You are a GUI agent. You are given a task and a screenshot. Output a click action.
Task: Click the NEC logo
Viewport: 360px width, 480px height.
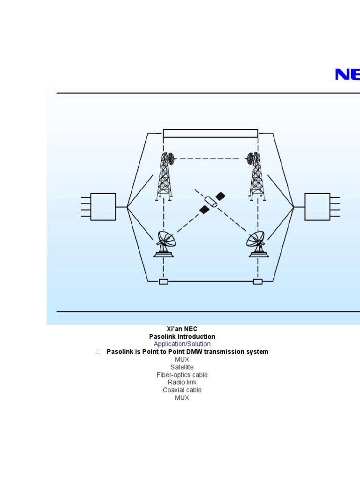(347, 75)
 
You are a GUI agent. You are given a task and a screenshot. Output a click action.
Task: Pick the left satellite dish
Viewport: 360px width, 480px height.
(164, 244)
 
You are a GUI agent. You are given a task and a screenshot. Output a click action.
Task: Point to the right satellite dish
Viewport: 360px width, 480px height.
(257, 244)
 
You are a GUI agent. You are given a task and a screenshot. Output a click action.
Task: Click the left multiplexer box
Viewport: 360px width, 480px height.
(103, 207)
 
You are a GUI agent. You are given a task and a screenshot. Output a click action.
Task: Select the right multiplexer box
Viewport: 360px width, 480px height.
(317, 207)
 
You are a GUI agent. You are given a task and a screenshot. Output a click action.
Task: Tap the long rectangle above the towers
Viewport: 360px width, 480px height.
(210, 133)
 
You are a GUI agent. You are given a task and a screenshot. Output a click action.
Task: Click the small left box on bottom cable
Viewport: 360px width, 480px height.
(164, 281)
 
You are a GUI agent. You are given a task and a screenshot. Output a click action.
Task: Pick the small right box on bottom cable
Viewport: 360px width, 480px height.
(258, 281)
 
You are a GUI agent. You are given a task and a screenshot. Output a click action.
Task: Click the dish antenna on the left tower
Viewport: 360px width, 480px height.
(170, 158)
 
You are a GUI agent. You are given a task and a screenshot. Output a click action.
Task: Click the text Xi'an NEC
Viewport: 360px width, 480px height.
(182, 329)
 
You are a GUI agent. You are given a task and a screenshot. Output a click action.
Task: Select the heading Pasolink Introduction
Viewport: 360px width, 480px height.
(182, 337)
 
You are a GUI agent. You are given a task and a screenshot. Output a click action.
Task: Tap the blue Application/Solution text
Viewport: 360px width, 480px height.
(182, 344)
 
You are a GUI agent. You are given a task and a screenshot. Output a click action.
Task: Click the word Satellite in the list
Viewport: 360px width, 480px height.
(182, 367)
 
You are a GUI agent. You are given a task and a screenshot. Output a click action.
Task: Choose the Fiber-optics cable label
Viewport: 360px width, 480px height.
(182, 375)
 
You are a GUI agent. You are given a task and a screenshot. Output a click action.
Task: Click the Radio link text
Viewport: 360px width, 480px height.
(182, 382)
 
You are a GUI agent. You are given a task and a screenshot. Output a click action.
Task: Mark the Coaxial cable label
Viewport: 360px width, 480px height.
(182, 390)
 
